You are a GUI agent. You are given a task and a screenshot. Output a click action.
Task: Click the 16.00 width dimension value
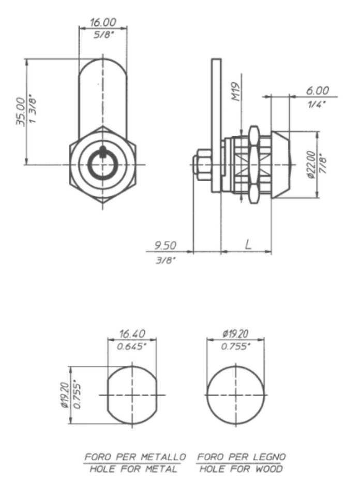(103, 22)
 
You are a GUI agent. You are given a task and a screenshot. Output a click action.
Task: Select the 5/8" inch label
(103, 35)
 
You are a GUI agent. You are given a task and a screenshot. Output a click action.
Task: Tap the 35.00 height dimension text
(21, 112)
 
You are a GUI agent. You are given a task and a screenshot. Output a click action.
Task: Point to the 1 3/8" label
(33, 109)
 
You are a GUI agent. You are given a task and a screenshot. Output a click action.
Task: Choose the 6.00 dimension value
(318, 91)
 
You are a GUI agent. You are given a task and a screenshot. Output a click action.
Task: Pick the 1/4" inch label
(317, 104)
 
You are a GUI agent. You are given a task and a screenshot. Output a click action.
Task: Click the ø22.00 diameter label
(311, 165)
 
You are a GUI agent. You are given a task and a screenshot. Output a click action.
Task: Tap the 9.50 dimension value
(166, 245)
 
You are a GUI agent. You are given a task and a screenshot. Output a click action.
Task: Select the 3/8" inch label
(166, 260)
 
